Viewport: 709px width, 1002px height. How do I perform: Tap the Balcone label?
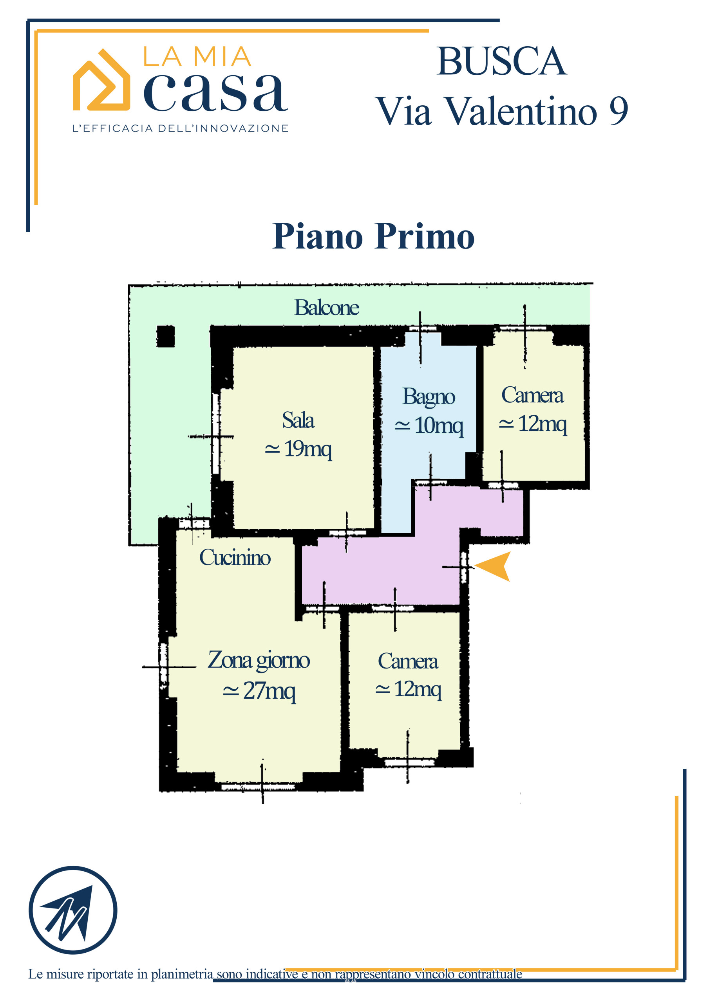[x=327, y=308]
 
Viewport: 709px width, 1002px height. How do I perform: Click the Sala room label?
[x=298, y=420]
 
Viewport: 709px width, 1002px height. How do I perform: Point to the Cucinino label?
[x=235, y=558]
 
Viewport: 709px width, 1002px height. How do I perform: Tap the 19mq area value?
[x=307, y=449]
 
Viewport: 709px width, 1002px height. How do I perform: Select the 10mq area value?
[x=439, y=425]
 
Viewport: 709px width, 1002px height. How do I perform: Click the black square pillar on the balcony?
[x=166, y=337]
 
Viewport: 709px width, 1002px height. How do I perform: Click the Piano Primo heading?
[x=374, y=236]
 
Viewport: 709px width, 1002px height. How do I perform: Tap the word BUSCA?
[x=501, y=61]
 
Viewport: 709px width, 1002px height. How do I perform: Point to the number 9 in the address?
[x=619, y=111]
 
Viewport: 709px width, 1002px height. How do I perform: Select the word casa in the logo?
[x=215, y=92]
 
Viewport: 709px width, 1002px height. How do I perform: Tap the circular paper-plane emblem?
[x=73, y=910]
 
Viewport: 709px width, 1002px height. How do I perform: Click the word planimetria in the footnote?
[x=182, y=975]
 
